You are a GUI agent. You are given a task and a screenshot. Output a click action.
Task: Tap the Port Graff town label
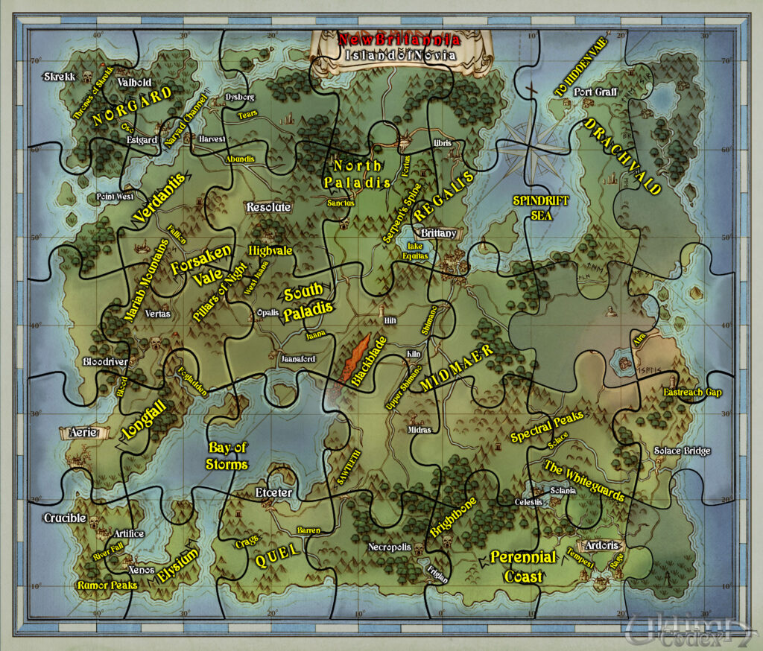(595, 92)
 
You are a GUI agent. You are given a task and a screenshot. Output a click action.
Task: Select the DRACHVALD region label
(623, 156)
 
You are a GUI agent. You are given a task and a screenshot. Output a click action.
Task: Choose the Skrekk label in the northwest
(59, 77)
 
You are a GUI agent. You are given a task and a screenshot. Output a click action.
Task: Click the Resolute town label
(268, 206)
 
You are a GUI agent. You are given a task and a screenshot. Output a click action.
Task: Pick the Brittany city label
(439, 233)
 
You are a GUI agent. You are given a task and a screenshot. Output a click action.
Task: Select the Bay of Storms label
(227, 456)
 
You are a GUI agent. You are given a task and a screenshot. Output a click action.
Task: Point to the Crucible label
(66, 518)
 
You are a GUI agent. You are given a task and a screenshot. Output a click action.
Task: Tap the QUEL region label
(277, 552)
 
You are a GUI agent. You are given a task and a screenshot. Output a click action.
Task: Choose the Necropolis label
(390, 547)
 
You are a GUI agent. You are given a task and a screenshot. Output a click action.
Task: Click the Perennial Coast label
(523, 566)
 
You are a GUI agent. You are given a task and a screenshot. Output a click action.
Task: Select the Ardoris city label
(602, 545)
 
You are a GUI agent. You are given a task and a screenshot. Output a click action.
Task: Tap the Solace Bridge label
(682, 451)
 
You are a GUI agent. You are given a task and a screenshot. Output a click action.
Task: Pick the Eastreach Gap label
(693, 392)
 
